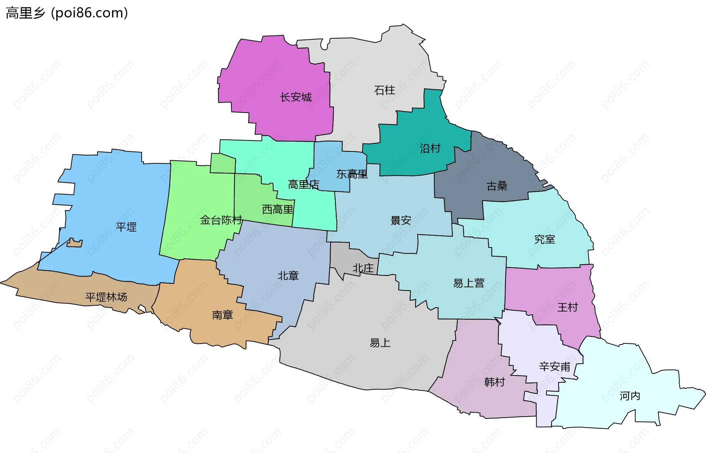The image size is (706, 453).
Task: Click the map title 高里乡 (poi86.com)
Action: pyautogui.click(x=67, y=13)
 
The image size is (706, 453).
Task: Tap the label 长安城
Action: pyautogui.click(x=296, y=97)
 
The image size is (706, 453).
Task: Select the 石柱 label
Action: pyautogui.click(x=384, y=90)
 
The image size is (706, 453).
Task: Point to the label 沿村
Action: pyautogui.click(x=430, y=148)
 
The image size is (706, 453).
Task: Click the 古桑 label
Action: pyautogui.click(x=497, y=186)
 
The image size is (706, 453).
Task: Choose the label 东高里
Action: pyautogui.click(x=352, y=174)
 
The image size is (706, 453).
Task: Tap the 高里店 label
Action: pyautogui.click(x=303, y=184)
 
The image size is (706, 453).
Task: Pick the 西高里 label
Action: pyautogui.click(x=278, y=210)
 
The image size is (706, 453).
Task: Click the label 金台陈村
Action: pyautogui.click(x=221, y=220)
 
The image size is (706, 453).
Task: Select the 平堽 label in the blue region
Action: pyautogui.click(x=126, y=227)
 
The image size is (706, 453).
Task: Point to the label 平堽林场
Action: pyautogui.click(x=106, y=297)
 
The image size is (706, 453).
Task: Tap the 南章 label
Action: pyautogui.click(x=222, y=315)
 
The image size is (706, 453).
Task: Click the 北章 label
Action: pyautogui.click(x=288, y=275)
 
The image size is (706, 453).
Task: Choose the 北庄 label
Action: pyautogui.click(x=363, y=268)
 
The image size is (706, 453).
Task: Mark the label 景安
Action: pyautogui.click(x=400, y=220)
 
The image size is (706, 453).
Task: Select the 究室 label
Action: pyautogui.click(x=544, y=239)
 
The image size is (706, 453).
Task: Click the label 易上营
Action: pyautogui.click(x=468, y=283)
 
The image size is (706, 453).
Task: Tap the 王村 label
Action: pyautogui.click(x=567, y=307)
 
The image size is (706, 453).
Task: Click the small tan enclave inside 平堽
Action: pyautogui.click(x=75, y=243)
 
